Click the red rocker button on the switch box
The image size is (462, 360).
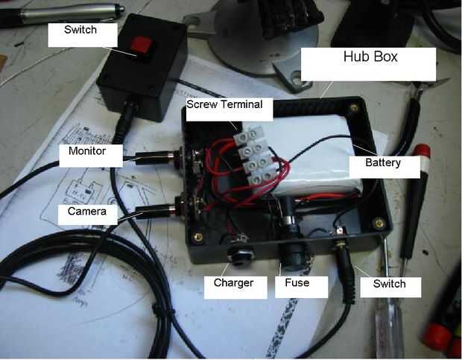click(x=142, y=46)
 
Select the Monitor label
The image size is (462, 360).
click(x=86, y=151)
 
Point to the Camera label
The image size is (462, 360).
click(x=86, y=212)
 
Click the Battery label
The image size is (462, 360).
click(x=384, y=163)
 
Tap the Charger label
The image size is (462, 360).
click(x=234, y=283)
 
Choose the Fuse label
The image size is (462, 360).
click(x=297, y=283)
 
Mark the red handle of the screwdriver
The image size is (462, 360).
click(x=422, y=157)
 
